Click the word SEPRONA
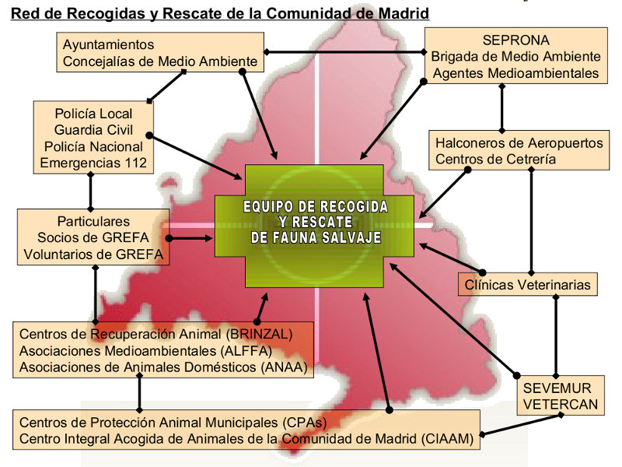coord(515,40)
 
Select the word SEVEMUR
coord(557,388)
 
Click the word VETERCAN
coord(560,404)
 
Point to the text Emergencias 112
coord(93,163)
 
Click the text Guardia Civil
coord(93,130)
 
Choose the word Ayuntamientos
coord(108,44)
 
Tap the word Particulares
coord(93,221)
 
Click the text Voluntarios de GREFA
coord(93,254)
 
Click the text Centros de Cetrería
coord(495,160)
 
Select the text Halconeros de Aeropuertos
coord(519,143)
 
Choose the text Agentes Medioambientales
coord(515,73)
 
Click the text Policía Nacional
coord(93,146)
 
